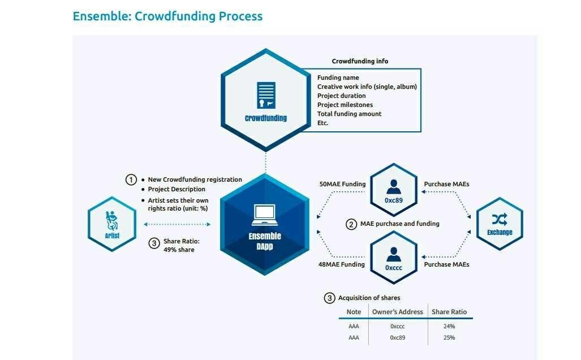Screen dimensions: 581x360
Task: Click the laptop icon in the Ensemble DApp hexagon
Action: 265,215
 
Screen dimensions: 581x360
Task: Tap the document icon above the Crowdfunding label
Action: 266,95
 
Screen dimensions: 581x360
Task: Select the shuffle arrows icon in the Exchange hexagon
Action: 500,220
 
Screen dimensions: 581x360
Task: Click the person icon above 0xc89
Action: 394,187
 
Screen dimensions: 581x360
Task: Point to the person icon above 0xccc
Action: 394,254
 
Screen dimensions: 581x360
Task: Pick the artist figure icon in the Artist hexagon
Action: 111,221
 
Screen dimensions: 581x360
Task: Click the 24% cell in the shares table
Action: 449,326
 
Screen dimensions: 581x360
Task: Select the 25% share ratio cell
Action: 449,337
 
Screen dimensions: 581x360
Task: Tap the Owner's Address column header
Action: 398,312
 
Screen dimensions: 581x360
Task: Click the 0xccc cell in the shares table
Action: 398,326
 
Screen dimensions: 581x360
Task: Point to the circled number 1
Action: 131,180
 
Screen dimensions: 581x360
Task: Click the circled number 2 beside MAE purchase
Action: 351,224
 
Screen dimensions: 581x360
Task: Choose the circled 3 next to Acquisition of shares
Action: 329,298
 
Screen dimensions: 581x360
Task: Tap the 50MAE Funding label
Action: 342,184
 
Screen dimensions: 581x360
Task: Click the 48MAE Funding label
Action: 341,264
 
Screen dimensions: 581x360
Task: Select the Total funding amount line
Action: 349,114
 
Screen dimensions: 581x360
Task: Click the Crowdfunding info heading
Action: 360,61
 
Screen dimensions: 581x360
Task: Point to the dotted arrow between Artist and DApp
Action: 177,224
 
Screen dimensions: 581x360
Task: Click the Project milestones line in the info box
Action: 345,105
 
